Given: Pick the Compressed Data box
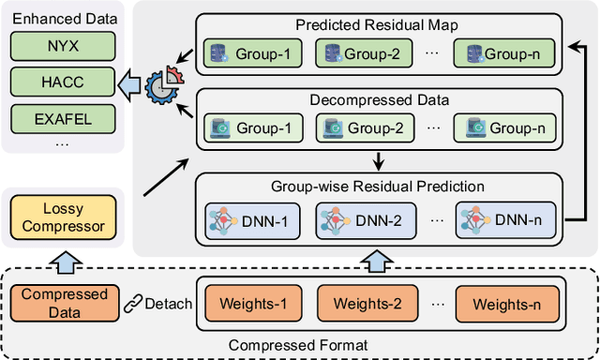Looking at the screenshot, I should tap(53, 304).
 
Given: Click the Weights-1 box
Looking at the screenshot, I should tap(240, 305).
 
